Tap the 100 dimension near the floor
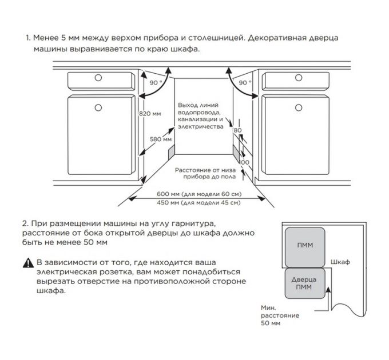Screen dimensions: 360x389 tap(245, 162)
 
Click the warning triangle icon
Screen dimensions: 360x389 tap(28, 263)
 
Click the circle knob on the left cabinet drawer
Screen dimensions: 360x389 tap(98, 77)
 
